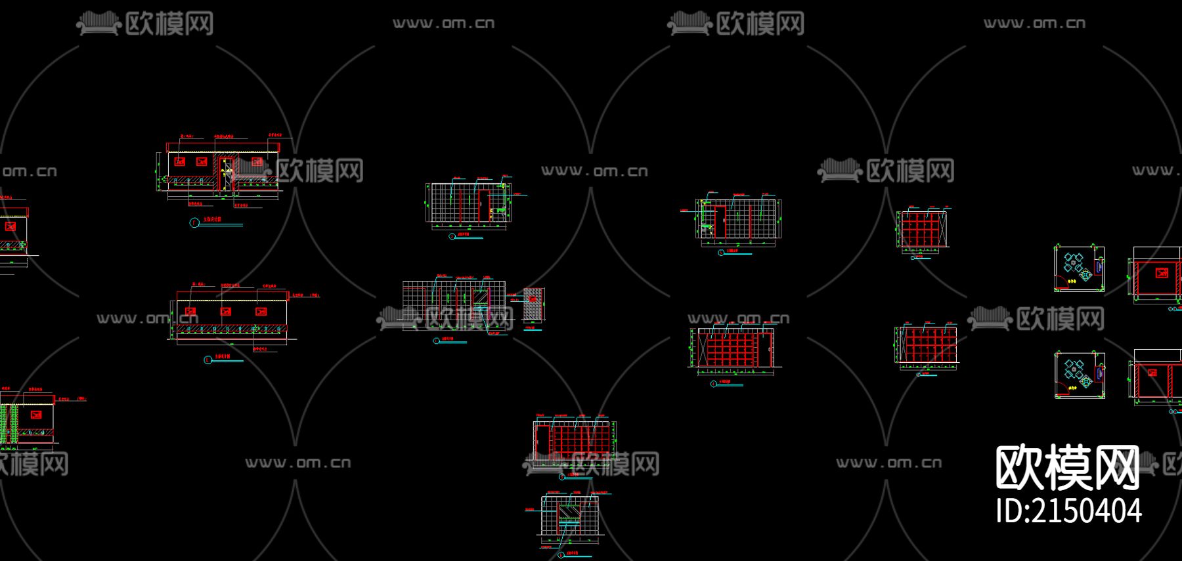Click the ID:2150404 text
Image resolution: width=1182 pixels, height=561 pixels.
1068,511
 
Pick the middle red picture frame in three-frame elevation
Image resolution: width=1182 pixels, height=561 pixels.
225,312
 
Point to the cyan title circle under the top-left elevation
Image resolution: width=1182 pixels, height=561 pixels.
194,223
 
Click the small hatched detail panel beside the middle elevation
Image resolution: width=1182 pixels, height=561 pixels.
533,304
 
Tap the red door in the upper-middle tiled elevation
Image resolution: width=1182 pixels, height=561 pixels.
483,205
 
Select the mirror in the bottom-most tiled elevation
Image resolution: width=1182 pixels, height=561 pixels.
569,511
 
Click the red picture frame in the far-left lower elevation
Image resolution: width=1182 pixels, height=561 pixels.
36,415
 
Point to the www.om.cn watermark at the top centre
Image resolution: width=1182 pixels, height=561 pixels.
443,24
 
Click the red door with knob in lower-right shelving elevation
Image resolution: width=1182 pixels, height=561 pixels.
764,348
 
